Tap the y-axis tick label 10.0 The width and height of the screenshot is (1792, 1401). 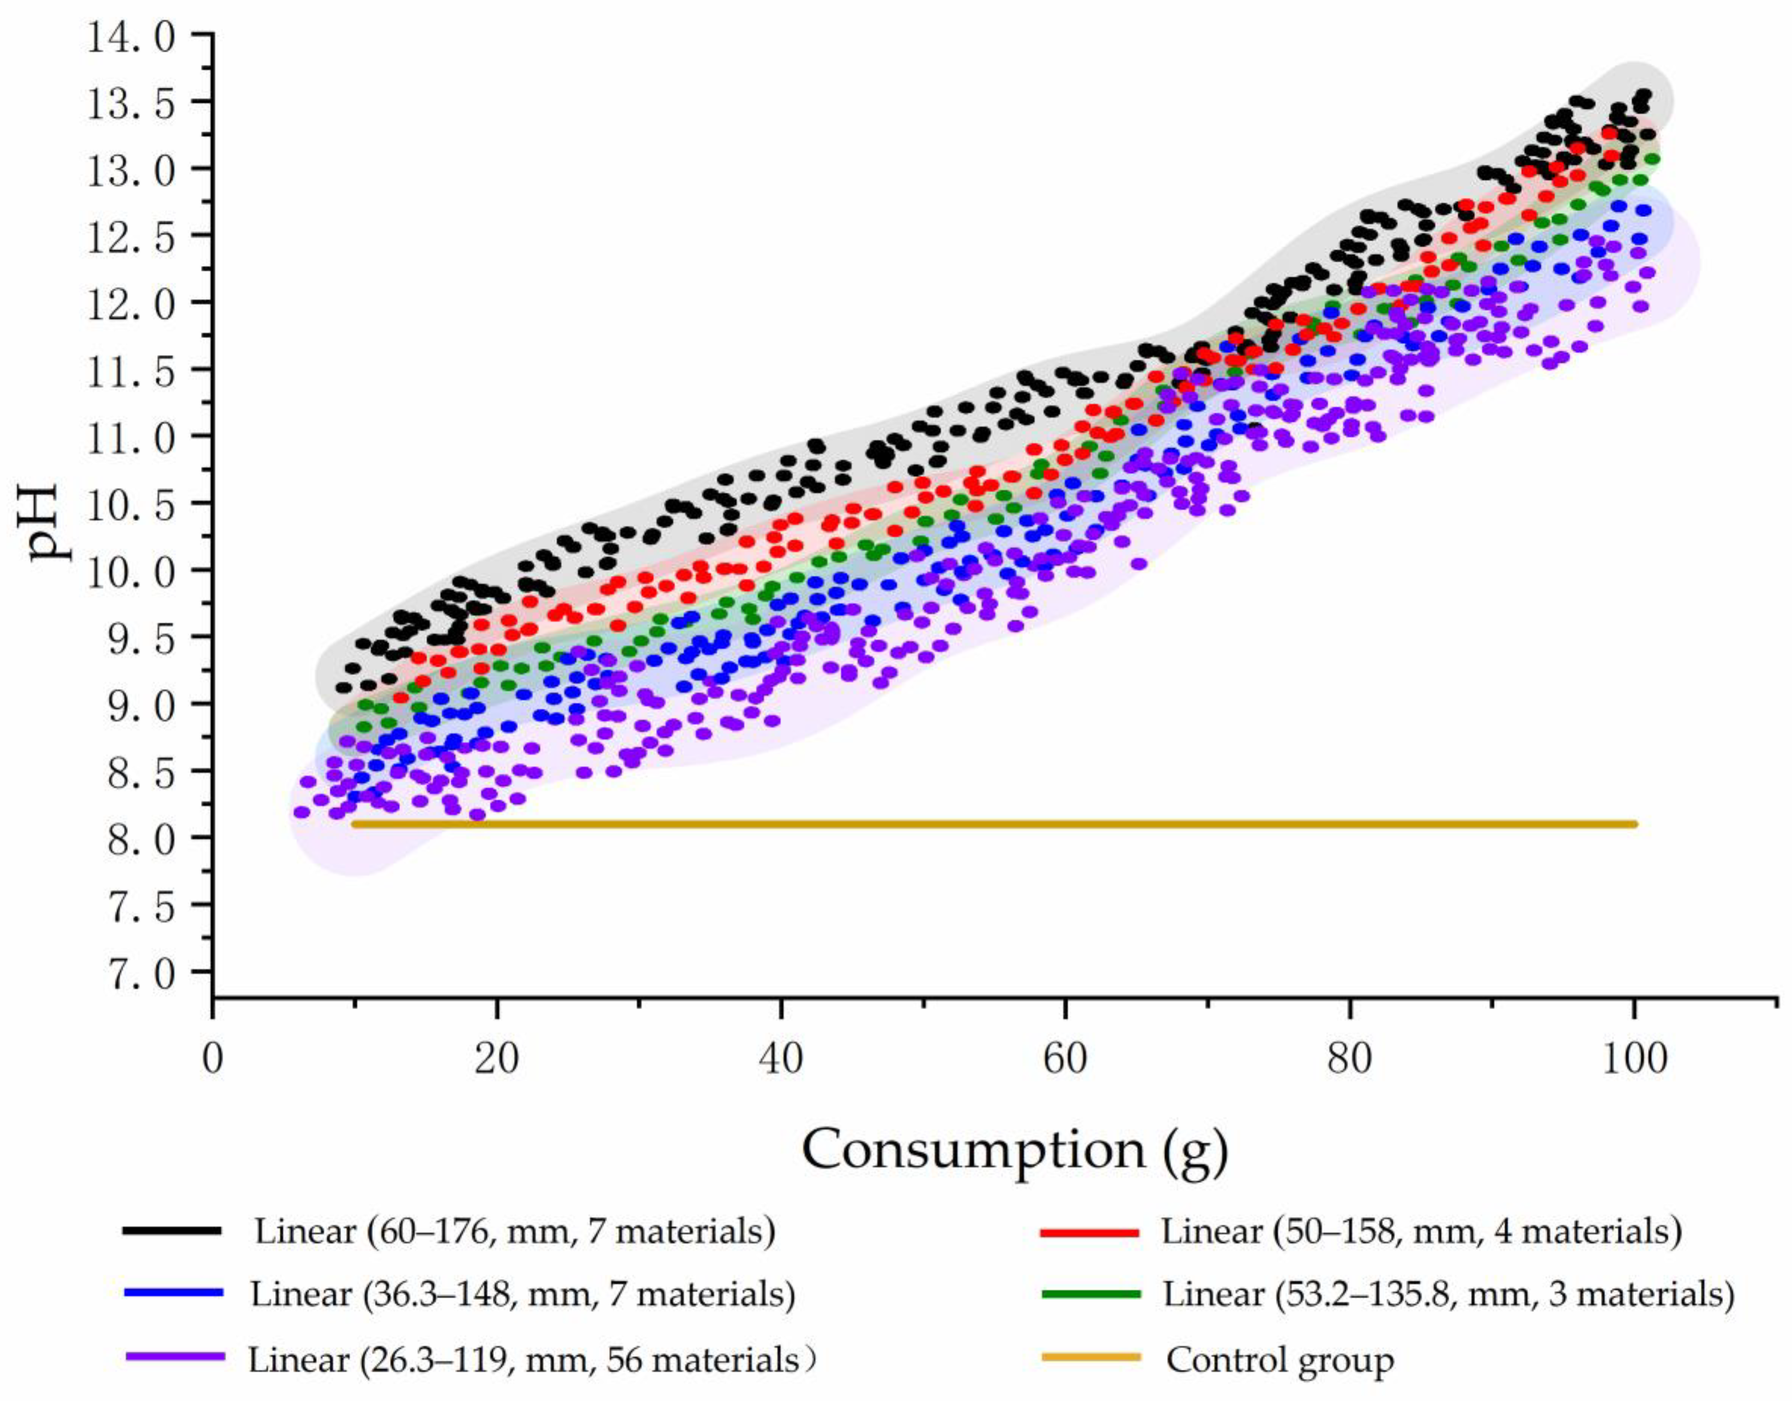pyautogui.click(x=131, y=570)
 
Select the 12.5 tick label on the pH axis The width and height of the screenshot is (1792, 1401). pyautogui.click(x=131, y=235)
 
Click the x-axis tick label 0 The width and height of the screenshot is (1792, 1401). pyautogui.click(x=213, y=1060)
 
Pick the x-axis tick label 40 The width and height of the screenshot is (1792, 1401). pyautogui.click(x=780, y=1060)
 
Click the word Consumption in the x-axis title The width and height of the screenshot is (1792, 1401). pyautogui.click(x=972, y=1150)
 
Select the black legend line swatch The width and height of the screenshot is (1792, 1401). pyautogui.click(x=172, y=1231)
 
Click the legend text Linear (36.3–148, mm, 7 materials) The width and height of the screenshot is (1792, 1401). pyautogui.click(x=522, y=1294)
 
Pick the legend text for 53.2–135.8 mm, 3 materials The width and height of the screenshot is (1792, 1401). pyautogui.click(x=1448, y=1294)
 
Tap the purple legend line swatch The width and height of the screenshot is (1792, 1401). pyautogui.click(x=175, y=1358)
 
